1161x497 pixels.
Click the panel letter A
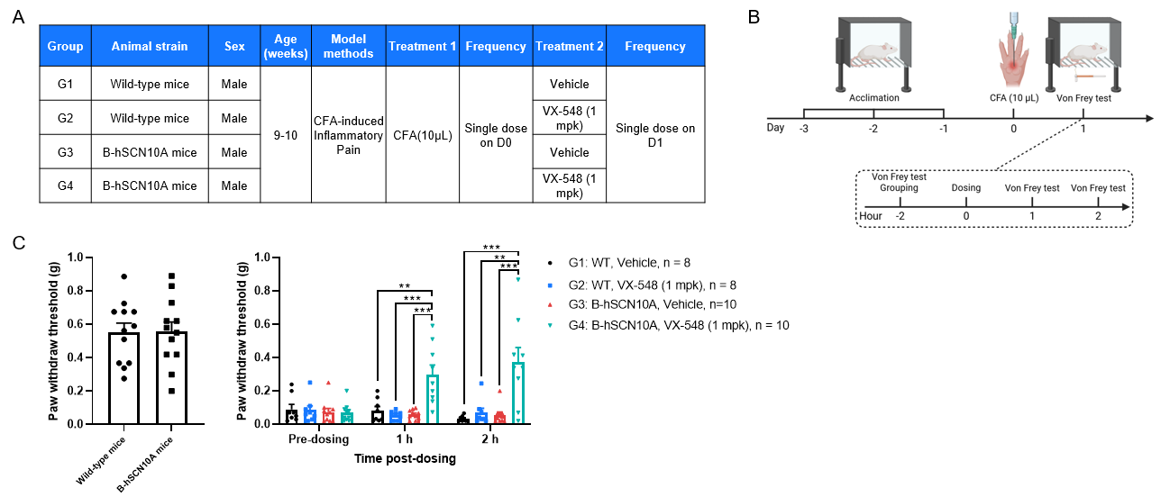[18, 16]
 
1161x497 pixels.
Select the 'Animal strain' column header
[150, 47]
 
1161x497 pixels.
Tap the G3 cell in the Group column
[64, 153]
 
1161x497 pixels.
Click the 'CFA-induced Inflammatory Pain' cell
[348, 135]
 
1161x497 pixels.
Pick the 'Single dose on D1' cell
[655, 135]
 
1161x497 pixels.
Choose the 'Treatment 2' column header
[569, 47]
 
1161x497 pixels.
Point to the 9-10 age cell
[284, 135]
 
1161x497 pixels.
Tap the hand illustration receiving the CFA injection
[1012, 55]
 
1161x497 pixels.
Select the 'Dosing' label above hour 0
[965, 188]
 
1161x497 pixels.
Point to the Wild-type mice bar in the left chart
[124, 378]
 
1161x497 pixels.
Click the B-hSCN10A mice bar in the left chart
[171, 378]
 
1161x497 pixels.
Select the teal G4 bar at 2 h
[519, 393]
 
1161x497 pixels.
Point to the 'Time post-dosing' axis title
[405, 458]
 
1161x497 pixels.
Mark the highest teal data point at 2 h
[519, 279]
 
